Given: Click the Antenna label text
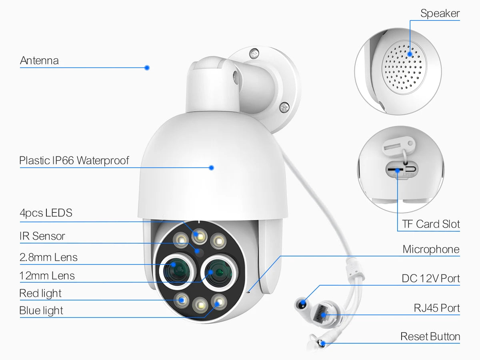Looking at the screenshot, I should coord(39,61).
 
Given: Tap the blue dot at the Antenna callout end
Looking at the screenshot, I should coord(147,68).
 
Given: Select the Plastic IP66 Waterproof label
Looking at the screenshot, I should coord(74,161).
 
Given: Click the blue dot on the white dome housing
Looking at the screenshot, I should coord(212,168).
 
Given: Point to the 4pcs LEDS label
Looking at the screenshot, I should coord(46,213).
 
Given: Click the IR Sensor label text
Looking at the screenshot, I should coord(42,236).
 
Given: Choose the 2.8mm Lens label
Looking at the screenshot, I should coord(48,257).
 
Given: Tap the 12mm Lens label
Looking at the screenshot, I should coord(47,276).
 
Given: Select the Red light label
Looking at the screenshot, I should coord(40,294).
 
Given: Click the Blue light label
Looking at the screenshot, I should coord(41,311).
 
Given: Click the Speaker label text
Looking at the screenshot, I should coord(440,14).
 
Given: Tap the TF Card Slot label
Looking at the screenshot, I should coord(431,224).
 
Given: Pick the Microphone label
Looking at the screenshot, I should coord(431,250).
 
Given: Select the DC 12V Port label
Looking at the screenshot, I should coord(431,278).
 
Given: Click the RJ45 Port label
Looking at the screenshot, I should coord(437,308).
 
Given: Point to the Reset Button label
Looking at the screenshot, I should coord(430,337).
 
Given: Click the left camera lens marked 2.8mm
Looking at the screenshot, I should coord(177,271).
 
